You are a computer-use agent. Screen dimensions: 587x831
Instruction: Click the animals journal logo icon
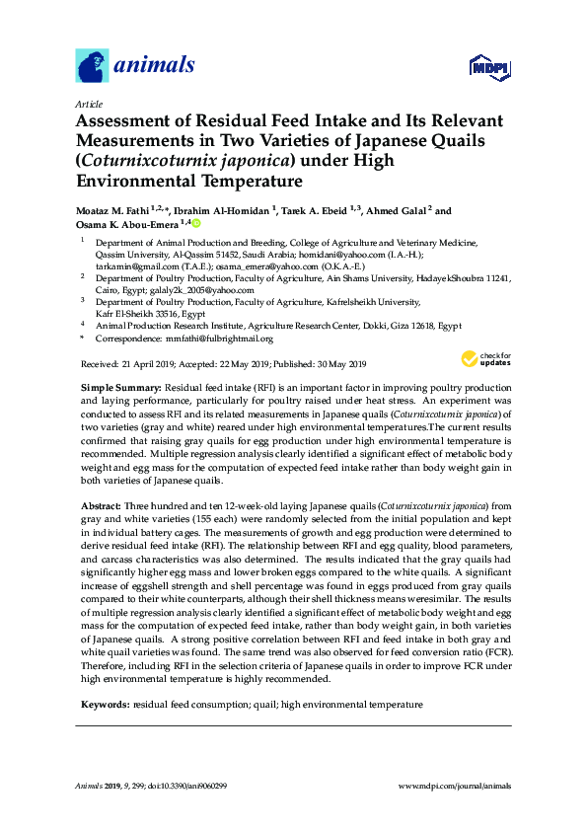click(x=92, y=65)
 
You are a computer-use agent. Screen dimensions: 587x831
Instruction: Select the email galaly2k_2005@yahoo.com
click(x=201, y=290)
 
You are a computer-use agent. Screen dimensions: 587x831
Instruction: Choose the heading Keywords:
click(x=104, y=705)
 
